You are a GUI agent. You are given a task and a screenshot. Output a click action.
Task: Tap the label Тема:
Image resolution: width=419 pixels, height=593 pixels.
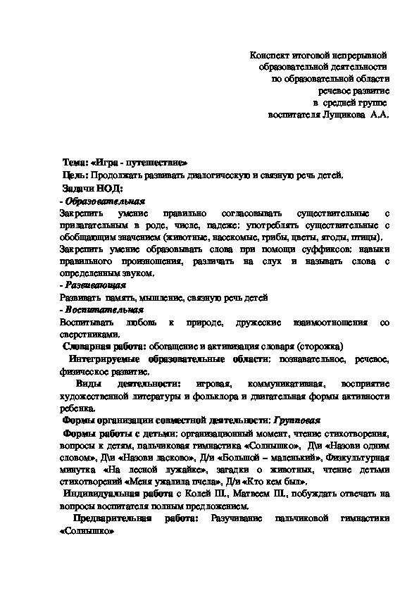point(76,161)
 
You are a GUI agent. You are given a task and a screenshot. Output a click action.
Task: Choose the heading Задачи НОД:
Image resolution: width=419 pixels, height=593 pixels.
point(92,188)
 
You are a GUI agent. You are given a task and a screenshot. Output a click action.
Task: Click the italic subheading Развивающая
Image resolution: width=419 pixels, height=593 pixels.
point(95,285)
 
